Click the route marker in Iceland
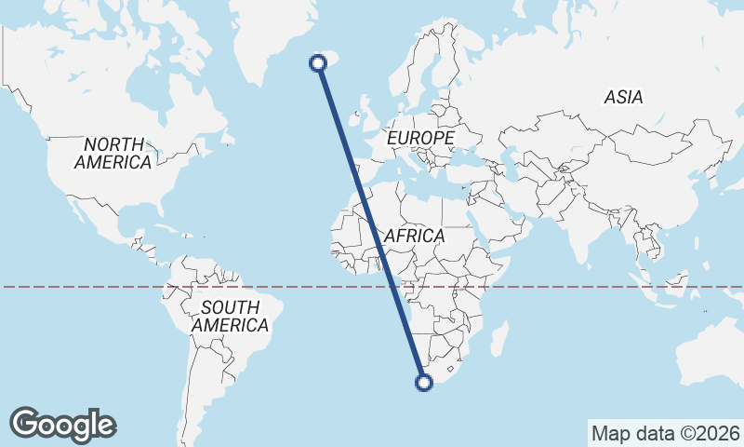coord(318,63)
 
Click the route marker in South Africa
coord(424,382)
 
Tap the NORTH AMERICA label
coord(113,154)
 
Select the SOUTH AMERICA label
coord(230,317)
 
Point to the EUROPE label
coord(421,139)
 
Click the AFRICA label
coord(414,237)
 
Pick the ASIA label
coord(623,97)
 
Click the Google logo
coord(63,425)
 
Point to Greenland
coord(270,28)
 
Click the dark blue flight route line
coord(371,223)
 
